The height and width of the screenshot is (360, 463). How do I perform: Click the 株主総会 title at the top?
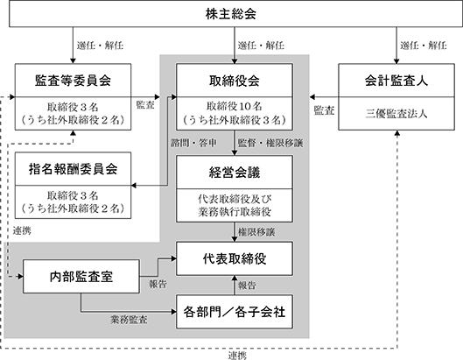coord(230,14)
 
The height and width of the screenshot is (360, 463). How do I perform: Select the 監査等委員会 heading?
coord(73,81)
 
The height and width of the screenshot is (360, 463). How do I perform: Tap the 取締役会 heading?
coord(235,81)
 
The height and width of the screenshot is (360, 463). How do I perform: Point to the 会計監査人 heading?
coord(396,81)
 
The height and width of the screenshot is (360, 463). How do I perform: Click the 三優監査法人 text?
coord(396,114)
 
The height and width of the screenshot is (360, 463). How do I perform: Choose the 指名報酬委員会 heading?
coord(73,169)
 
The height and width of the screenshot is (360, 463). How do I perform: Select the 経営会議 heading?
coord(235,173)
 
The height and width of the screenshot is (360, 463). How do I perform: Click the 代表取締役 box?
coord(235,258)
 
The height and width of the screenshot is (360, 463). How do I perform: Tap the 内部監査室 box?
coord(81,277)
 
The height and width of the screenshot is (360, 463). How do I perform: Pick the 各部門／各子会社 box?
coord(235,312)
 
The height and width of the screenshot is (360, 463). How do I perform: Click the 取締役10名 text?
coord(235,106)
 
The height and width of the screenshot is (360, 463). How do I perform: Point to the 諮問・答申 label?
coord(193,143)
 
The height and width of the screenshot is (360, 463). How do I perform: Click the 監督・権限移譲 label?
coord(270,143)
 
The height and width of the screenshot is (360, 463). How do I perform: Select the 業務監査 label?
coord(129,320)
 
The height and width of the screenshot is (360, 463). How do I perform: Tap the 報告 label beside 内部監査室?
coord(158,284)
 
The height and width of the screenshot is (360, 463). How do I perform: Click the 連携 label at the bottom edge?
coord(237,356)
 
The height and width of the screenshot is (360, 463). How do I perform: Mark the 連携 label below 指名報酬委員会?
coord(22,230)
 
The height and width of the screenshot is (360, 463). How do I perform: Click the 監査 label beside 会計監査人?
coord(324,110)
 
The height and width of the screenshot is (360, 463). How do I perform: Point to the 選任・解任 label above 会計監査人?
coord(424,46)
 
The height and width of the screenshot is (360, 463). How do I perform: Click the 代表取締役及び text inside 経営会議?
coord(235,199)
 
